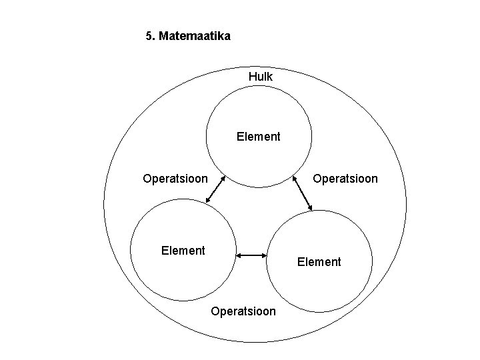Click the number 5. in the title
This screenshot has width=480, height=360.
pos(150,36)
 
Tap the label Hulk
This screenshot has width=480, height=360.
pos(260,77)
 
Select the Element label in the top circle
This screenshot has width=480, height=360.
pos(259,137)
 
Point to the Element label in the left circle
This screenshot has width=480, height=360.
pos(183,251)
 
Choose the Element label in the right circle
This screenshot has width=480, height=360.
pos(319,262)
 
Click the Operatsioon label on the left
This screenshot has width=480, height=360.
pos(175,179)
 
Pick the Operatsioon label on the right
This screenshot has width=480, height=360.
pos(345,179)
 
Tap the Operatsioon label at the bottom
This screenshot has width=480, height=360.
pos(243,311)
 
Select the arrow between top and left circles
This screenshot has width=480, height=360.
pos(215,189)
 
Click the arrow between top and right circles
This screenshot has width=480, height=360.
pos(302,194)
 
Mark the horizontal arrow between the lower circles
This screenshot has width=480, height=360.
pos(253,255)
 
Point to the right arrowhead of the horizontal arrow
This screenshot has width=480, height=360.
pos(265,255)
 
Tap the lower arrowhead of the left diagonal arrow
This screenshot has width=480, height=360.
pos(207,199)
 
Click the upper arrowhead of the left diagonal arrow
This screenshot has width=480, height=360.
pos(225,179)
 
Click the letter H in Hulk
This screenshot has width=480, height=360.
pos(252,77)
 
